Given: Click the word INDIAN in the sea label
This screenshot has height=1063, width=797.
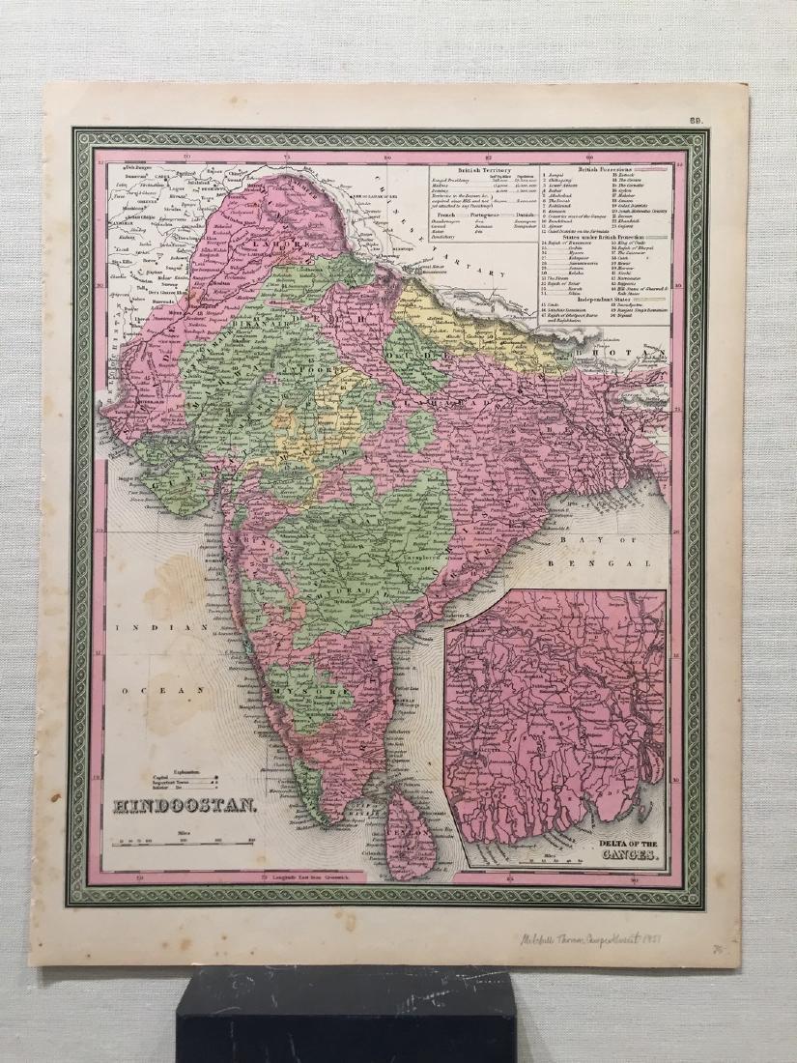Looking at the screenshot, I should pyautogui.click(x=142, y=628).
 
